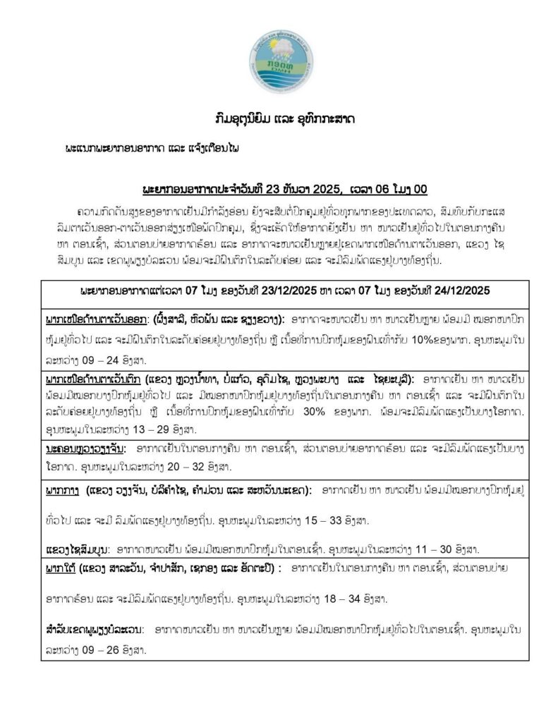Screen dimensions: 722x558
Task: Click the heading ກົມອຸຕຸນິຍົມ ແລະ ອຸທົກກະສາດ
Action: coord(279,118)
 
